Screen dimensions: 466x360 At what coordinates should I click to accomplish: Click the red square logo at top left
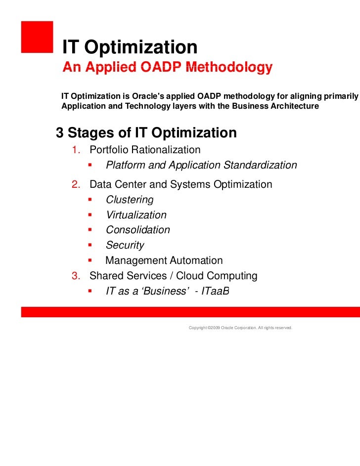coord(37,36)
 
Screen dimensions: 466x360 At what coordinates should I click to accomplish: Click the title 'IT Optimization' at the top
coord(129,47)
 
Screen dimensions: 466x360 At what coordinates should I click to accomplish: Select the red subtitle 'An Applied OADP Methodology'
coord(167,68)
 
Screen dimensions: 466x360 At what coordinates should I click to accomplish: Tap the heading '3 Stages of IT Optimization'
coord(146,133)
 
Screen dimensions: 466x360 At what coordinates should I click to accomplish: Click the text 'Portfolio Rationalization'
coord(145,150)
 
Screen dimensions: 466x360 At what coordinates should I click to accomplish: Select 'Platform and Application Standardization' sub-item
coord(201,165)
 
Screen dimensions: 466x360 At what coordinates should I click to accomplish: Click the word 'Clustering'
coord(130,200)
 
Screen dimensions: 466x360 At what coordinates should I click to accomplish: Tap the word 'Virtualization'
coord(136,215)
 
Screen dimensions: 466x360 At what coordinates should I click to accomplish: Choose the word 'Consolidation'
coord(137,230)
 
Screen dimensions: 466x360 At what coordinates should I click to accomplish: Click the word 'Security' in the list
coord(125,245)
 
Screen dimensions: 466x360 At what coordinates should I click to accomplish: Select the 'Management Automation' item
coord(164,260)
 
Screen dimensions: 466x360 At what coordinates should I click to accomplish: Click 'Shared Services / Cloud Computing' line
coord(173,276)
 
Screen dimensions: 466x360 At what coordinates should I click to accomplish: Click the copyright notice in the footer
coord(240,328)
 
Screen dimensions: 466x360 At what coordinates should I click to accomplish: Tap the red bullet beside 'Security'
coord(90,245)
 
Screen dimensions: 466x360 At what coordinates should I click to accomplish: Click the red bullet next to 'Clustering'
coord(90,200)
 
